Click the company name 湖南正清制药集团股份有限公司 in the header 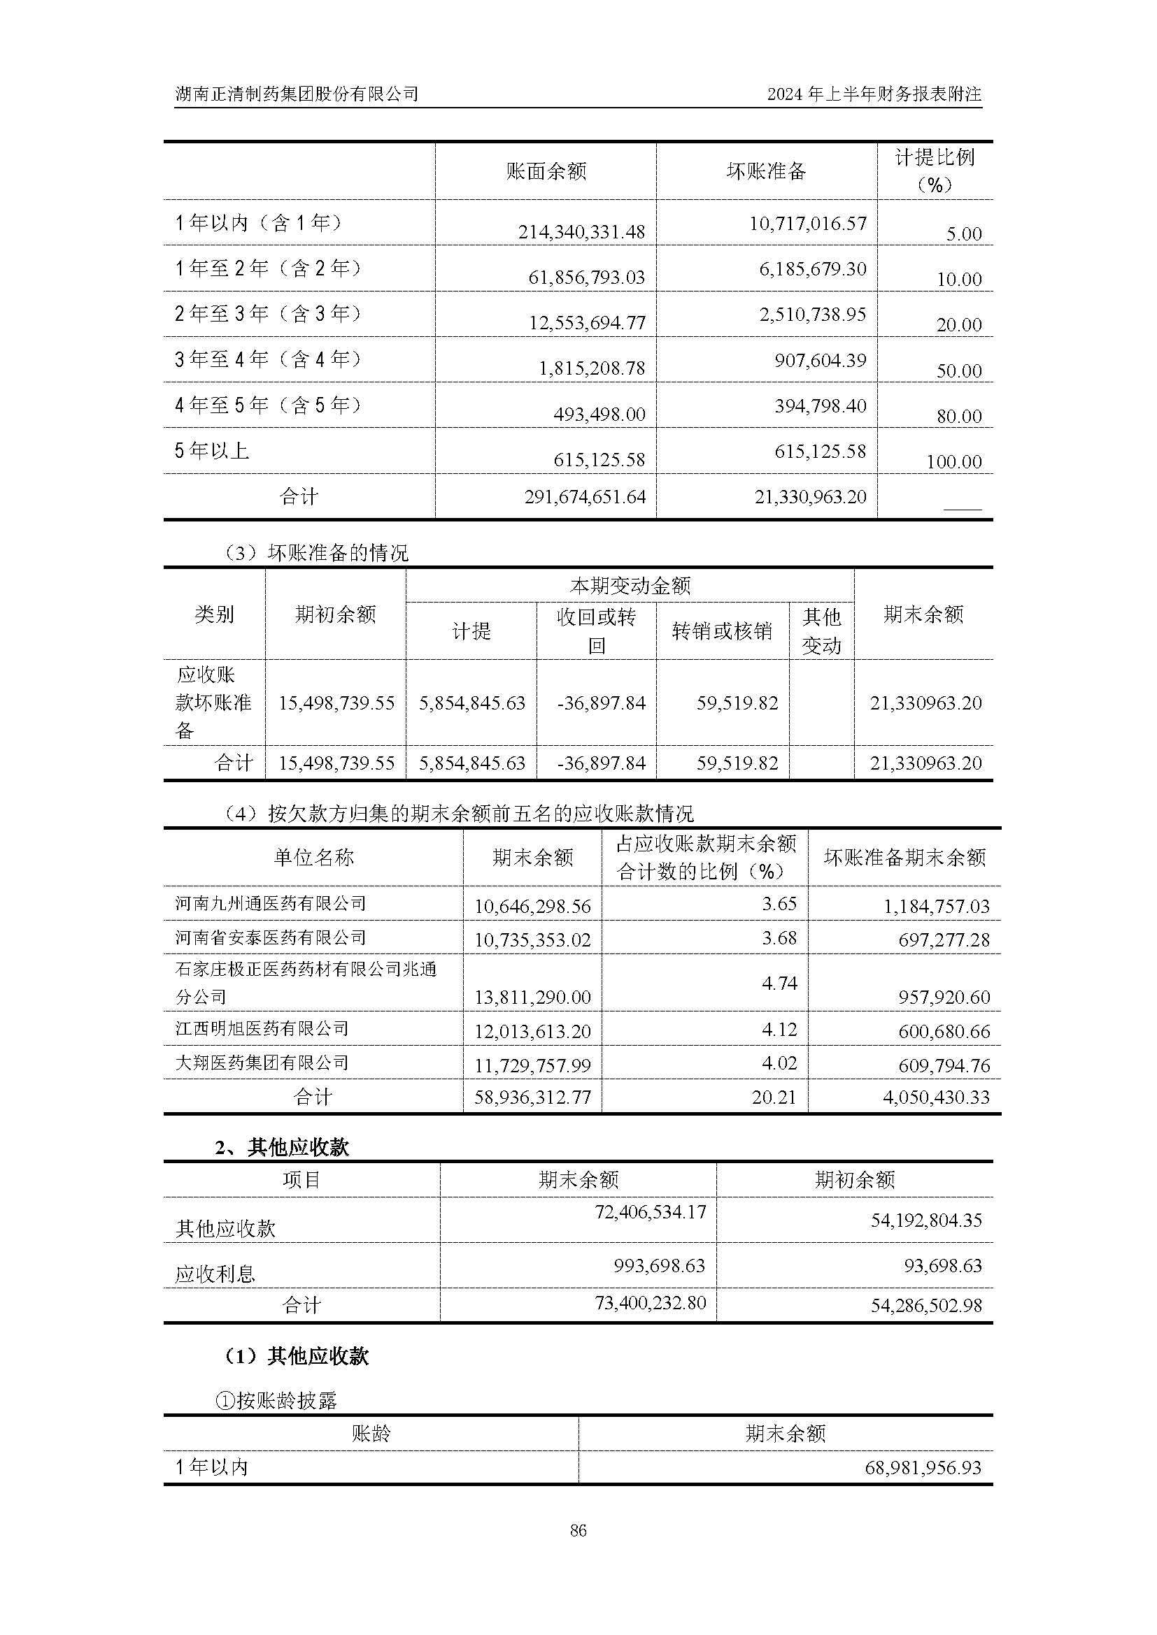coord(297,93)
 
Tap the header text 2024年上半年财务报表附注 coord(874,93)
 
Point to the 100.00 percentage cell coord(954,461)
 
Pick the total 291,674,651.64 coord(585,496)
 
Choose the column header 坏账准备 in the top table coord(766,171)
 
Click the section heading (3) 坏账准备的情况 coord(315,553)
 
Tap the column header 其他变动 coord(821,631)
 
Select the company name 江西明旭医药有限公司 coord(262,1028)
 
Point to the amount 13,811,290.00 coord(533,997)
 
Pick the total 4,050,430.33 coord(936,1097)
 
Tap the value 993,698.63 coord(659,1265)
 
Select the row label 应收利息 coord(215,1274)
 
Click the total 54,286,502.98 coord(925,1305)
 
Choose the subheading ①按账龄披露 coord(276,1402)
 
